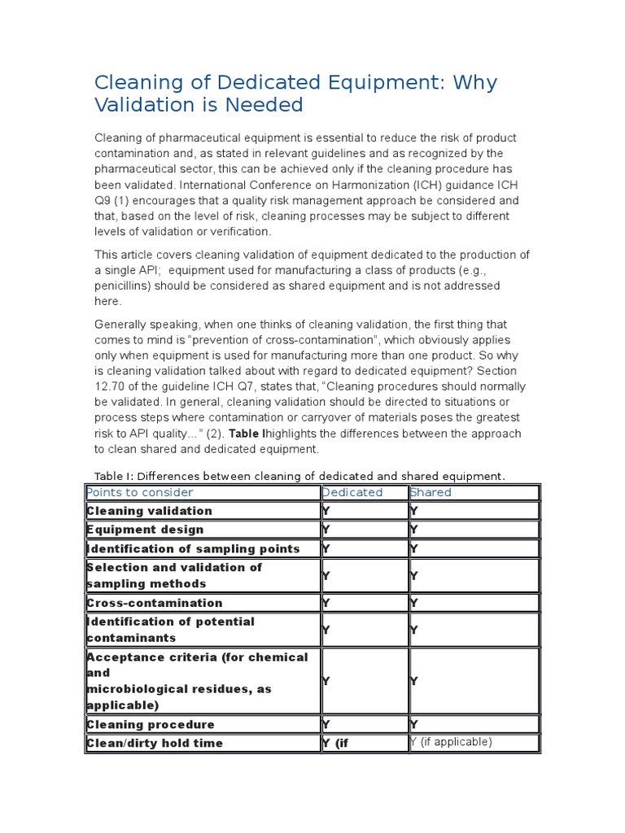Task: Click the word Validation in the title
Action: [x=139, y=105]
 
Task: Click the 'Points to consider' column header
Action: [x=140, y=492]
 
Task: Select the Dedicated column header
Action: [x=352, y=492]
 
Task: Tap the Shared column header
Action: [x=431, y=492]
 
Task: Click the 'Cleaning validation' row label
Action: [x=150, y=511]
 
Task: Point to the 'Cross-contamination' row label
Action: [x=155, y=603]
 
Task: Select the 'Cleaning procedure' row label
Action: [x=151, y=724]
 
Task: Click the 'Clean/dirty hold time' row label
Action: [x=155, y=743]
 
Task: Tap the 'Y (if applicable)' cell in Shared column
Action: [x=452, y=742]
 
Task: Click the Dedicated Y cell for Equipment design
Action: [x=326, y=530]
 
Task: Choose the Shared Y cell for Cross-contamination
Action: [x=414, y=603]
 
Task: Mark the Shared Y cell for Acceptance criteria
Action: [x=414, y=681]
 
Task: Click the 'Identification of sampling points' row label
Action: [x=193, y=548]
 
